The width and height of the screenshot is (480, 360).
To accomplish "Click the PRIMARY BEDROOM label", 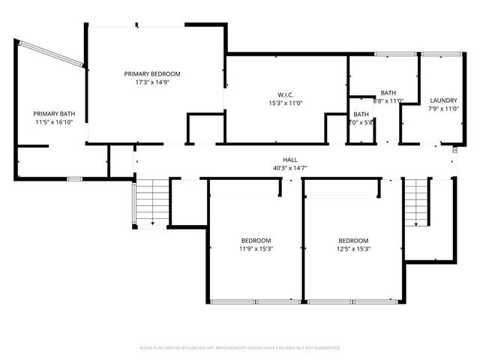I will [x=152, y=73].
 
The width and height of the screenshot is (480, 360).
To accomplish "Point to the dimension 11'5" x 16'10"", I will [x=54, y=122].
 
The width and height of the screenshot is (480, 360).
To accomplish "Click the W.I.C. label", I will [x=285, y=94].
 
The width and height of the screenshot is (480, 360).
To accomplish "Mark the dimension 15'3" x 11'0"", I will [x=285, y=103].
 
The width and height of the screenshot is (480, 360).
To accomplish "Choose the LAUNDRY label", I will [x=443, y=100].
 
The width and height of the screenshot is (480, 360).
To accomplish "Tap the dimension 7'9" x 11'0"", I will [x=443, y=109].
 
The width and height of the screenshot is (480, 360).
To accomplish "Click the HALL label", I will [x=289, y=160].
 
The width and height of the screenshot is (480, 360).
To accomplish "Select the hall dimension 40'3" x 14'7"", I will [x=289, y=168].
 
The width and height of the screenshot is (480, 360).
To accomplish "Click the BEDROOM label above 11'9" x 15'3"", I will [x=256, y=240].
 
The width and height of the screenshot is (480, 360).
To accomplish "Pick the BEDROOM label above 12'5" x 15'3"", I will [x=352, y=240].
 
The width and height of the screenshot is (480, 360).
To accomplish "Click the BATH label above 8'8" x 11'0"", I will [x=388, y=92].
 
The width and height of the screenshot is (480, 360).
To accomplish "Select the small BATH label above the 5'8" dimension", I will [x=361, y=114].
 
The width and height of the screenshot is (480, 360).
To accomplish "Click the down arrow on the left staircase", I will [x=152, y=223].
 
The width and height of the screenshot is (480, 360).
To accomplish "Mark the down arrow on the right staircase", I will [x=416, y=223].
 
